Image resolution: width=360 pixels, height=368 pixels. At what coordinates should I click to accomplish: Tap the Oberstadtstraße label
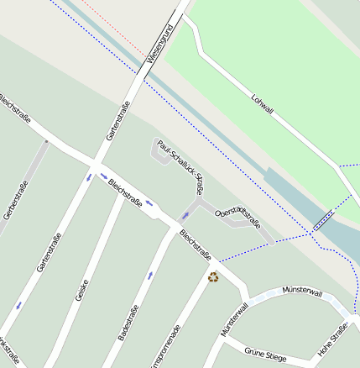pos(237,218)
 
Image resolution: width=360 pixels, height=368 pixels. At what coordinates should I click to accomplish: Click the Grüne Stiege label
pos(265,355)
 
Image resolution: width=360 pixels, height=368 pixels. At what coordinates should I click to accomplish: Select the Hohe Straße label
pos(332,339)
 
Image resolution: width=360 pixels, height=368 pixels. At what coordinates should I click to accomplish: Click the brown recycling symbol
pos(213,276)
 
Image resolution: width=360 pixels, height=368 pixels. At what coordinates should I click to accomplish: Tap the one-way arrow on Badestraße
pos(150,275)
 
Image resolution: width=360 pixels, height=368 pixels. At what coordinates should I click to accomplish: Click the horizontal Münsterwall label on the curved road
pos(302,292)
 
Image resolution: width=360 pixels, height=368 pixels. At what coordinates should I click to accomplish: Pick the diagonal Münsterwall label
pos(234,320)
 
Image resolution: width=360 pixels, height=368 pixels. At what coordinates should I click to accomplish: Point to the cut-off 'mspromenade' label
pos(164,345)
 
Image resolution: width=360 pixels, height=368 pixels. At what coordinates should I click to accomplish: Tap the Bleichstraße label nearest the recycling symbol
pos(196,242)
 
